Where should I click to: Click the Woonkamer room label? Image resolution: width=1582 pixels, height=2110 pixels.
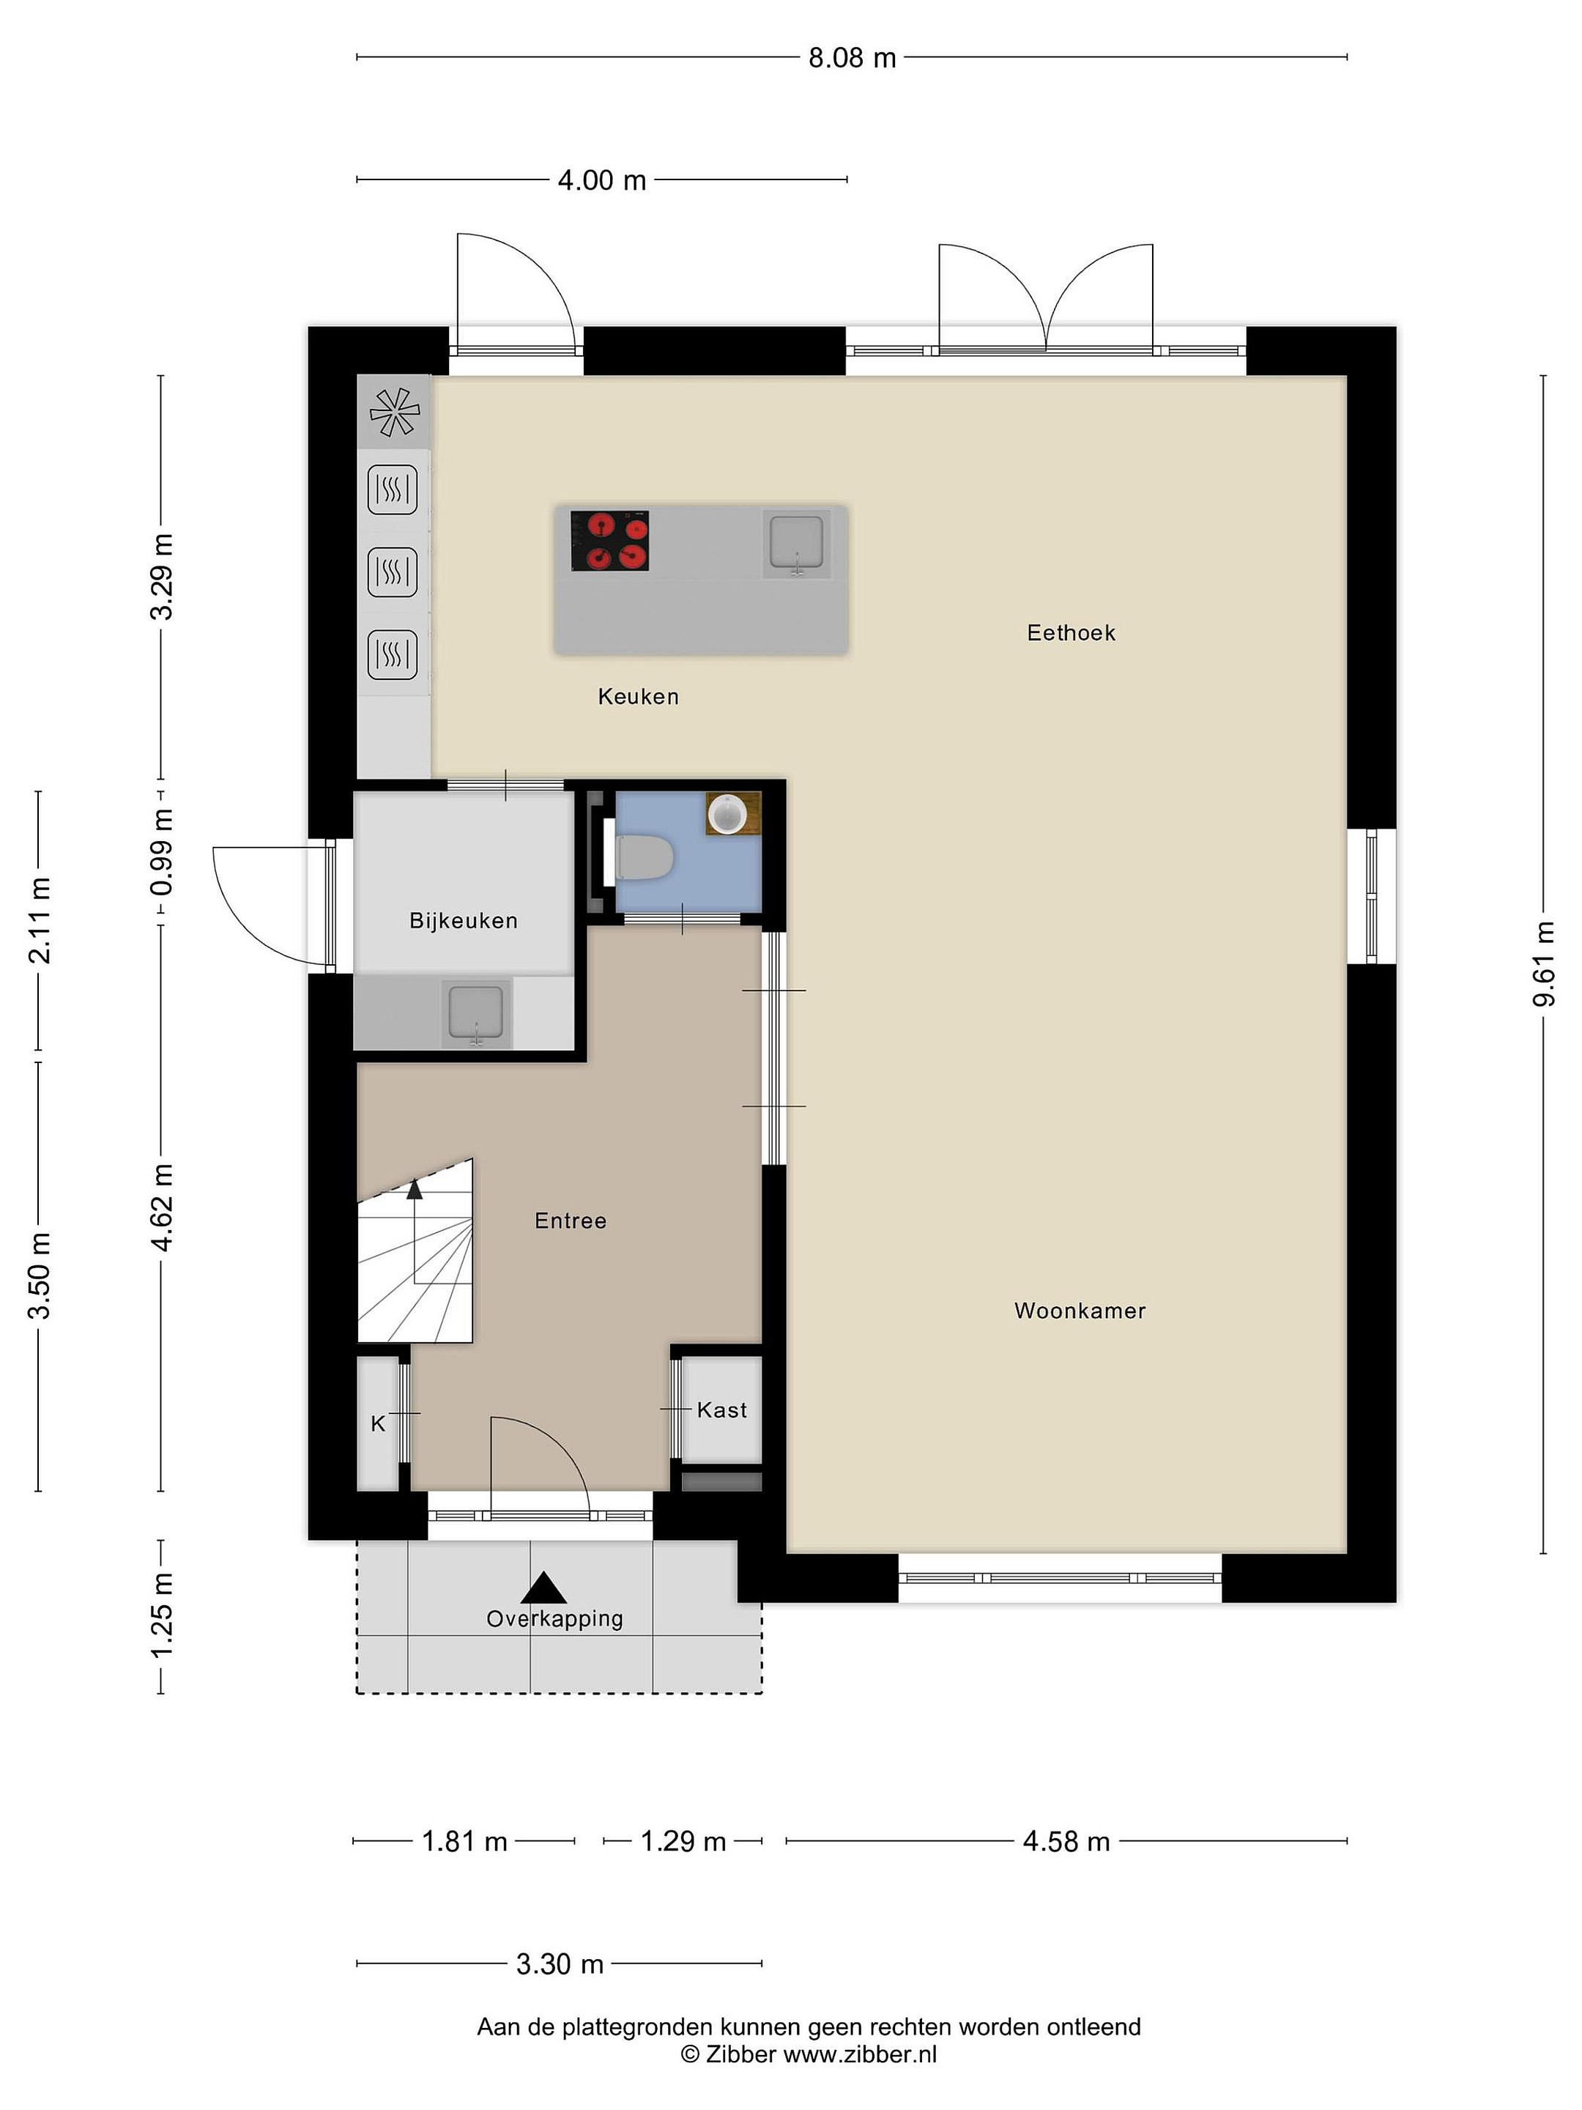click(x=1080, y=1311)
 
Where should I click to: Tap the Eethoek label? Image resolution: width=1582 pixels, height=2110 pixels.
click(x=1071, y=632)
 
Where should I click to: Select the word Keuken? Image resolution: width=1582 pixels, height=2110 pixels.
click(x=638, y=696)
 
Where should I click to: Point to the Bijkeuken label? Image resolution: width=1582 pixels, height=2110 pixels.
click(x=464, y=920)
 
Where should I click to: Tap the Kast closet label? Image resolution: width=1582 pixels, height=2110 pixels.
click(x=722, y=1410)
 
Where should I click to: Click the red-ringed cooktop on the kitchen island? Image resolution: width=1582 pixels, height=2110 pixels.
click(x=610, y=541)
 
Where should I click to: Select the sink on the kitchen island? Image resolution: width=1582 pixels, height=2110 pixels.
click(x=796, y=543)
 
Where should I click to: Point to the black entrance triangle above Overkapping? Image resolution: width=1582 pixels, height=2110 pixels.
click(x=543, y=1588)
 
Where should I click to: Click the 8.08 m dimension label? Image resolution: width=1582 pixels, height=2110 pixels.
click(x=853, y=58)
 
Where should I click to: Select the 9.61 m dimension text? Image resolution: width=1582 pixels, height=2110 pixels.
click(x=1544, y=963)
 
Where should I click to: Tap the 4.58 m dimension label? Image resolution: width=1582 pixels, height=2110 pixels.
click(x=1066, y=1842)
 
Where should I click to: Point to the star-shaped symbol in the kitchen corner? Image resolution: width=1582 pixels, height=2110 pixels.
click(x=395, y=412)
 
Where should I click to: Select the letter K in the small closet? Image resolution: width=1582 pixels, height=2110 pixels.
click(x=378, y=1424)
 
